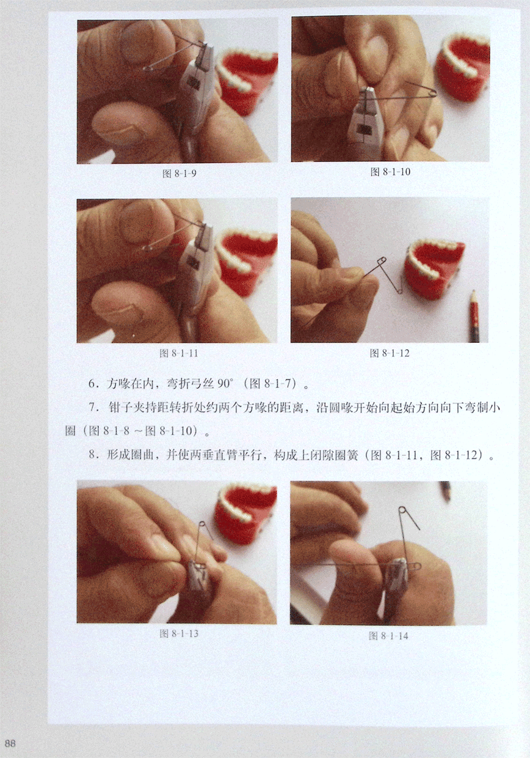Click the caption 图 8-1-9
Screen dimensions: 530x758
pos(179,174)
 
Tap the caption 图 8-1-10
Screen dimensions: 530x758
pos(390,172)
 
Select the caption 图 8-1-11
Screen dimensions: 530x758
pos(178,353)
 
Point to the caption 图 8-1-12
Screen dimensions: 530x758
pos(390,353)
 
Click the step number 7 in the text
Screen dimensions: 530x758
pos(93,407)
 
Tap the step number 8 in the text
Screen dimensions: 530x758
pos(93,454)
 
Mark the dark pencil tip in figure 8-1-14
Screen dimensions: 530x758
pos(446,490)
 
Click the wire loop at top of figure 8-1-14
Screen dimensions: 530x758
pos(402,510)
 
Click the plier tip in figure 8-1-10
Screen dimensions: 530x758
pos(368,91)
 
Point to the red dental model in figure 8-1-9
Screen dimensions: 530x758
pos(249,79)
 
